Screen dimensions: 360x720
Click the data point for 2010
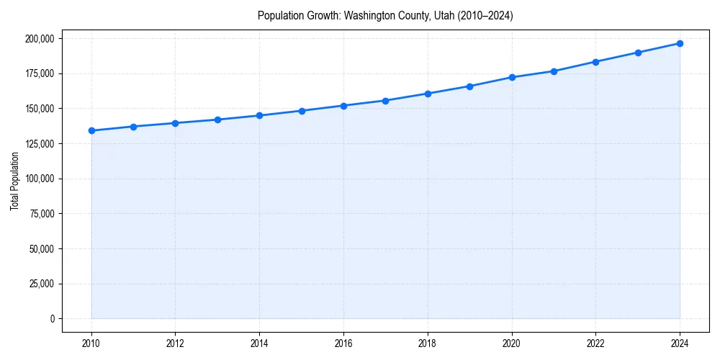pos(91,130)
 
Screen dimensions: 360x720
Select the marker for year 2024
pos(680,43)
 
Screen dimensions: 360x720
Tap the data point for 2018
pos(428,94)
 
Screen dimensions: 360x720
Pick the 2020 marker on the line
pos(512,77)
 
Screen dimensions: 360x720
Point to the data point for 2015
pos(302,111)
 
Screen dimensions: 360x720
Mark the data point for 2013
pos(217,120)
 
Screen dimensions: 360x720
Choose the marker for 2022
pos(595,62)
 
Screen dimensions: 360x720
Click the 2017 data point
pos(386,101)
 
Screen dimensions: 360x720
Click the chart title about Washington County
pos(385,16)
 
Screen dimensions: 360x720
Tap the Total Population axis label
pos(14,181)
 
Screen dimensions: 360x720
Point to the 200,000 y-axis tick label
pos(38,38)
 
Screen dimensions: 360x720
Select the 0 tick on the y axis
pos(51,319)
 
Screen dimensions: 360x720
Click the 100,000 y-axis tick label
pos(38,179)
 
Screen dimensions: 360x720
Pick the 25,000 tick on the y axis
pos(40,284)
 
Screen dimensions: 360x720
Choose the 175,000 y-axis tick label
pos(38,73)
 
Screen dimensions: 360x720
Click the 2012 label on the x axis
pos(176,343)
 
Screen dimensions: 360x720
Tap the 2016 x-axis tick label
pos(343,343)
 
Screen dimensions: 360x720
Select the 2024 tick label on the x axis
pos(680,343)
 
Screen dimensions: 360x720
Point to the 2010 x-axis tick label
pos(91,343)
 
